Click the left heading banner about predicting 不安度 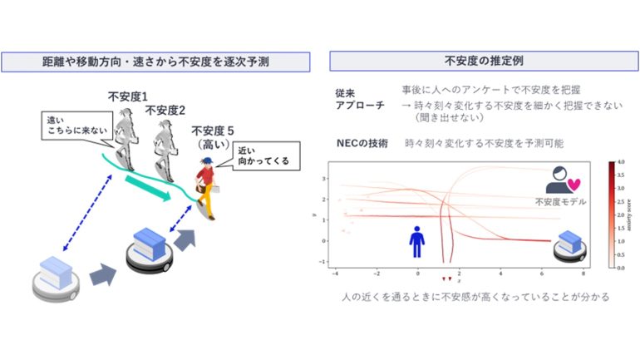point(156,62)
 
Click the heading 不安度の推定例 point(478,62)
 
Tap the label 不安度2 point(165,111)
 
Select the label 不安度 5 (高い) point(215,138)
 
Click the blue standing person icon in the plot point(418,239)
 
